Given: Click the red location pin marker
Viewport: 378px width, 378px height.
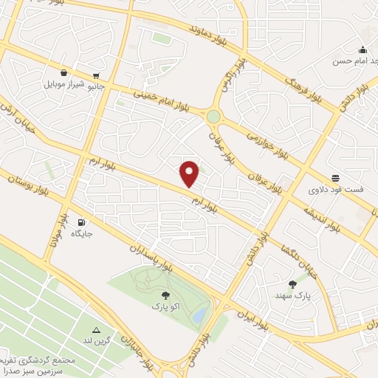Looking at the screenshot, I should click(x=190, y=173).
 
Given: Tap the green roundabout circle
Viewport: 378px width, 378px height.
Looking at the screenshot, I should click(x=214, y=116).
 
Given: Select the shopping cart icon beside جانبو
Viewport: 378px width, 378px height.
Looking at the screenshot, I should click(x=96, y=76).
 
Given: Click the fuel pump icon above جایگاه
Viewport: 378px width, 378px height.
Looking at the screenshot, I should click(x=80, y=222).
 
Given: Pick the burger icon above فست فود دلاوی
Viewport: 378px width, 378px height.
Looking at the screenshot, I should click(x=335, y=178).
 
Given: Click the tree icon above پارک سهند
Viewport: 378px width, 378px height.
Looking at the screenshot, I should click(x=293, y=284).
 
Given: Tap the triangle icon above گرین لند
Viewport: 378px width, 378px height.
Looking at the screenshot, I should click(x=96, y=329).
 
